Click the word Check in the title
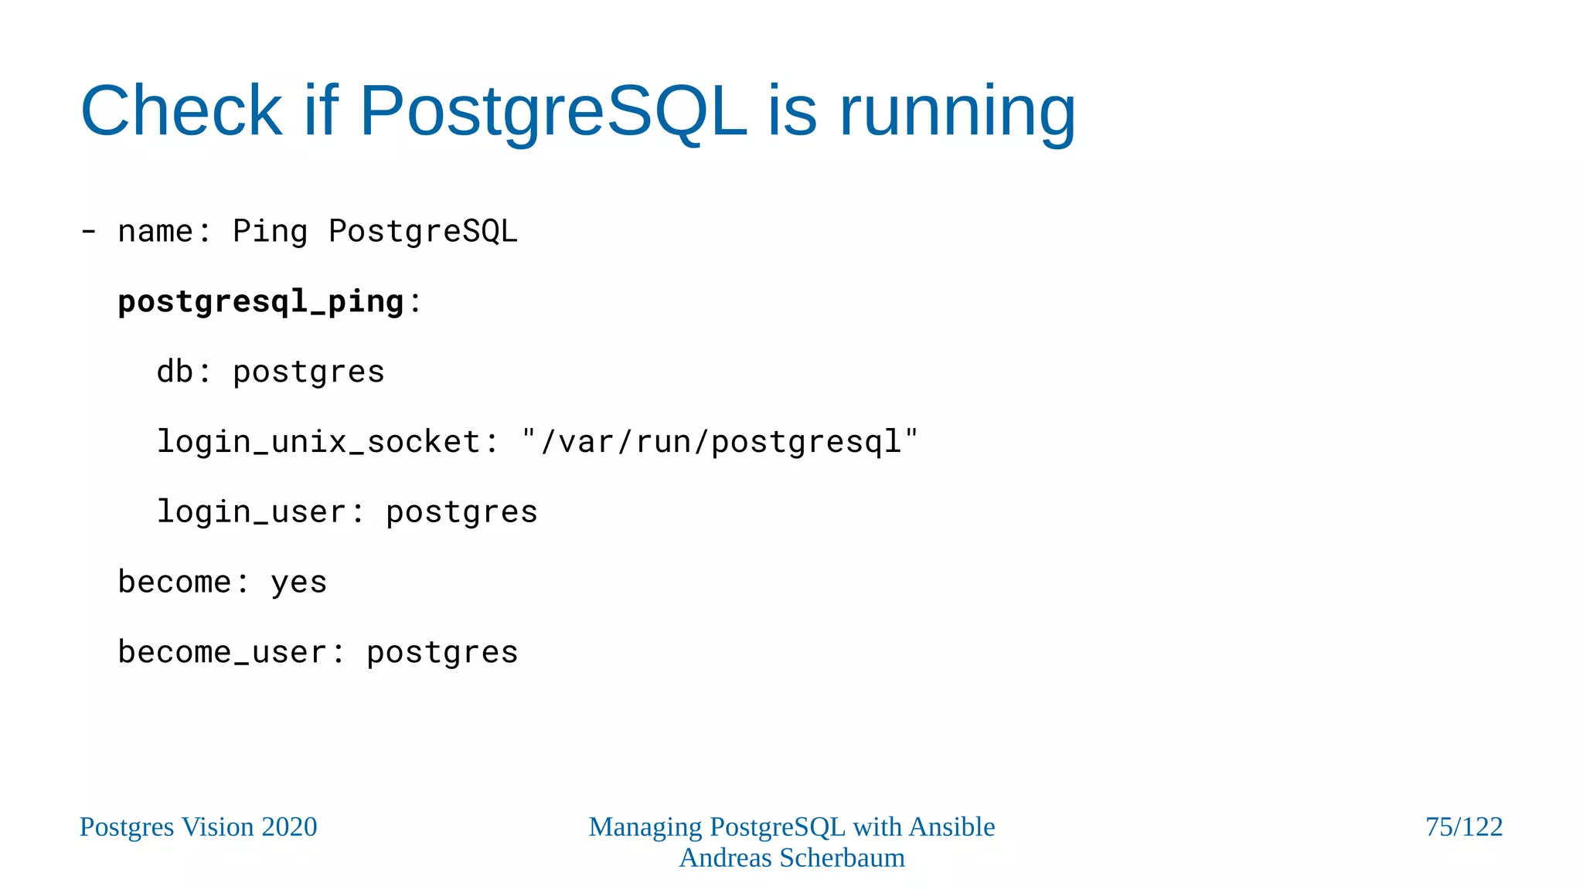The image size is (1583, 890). coord(182,111)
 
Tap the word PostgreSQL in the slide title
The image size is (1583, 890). coord(553,111)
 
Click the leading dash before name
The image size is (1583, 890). coord(89,231)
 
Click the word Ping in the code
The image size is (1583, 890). coord(270,231)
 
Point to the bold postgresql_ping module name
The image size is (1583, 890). coord(260,301)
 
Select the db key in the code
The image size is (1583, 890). coord(175,372)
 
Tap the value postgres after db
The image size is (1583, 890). coord(308,372)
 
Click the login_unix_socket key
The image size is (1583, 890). coord(318,442)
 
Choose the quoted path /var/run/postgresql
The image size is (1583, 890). coord(720,442)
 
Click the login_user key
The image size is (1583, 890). coord(251,512)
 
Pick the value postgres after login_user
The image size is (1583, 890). coord(461,512)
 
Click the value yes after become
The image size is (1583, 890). coord(298,583)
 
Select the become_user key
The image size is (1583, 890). coord(222,653)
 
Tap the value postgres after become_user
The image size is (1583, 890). coord(442,653)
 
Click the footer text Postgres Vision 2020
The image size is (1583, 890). coord(199,827)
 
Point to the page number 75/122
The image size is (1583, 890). coord(1464,827)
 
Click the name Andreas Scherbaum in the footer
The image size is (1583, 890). coord(791,858)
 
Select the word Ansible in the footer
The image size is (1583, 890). coord(952,827)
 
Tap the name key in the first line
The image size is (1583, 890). coord(155,231)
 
